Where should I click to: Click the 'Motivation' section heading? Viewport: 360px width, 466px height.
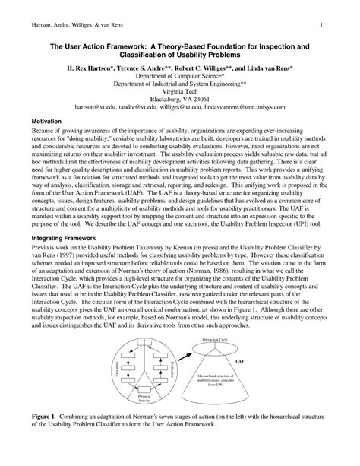pyautogui.click(x=47, y=120)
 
